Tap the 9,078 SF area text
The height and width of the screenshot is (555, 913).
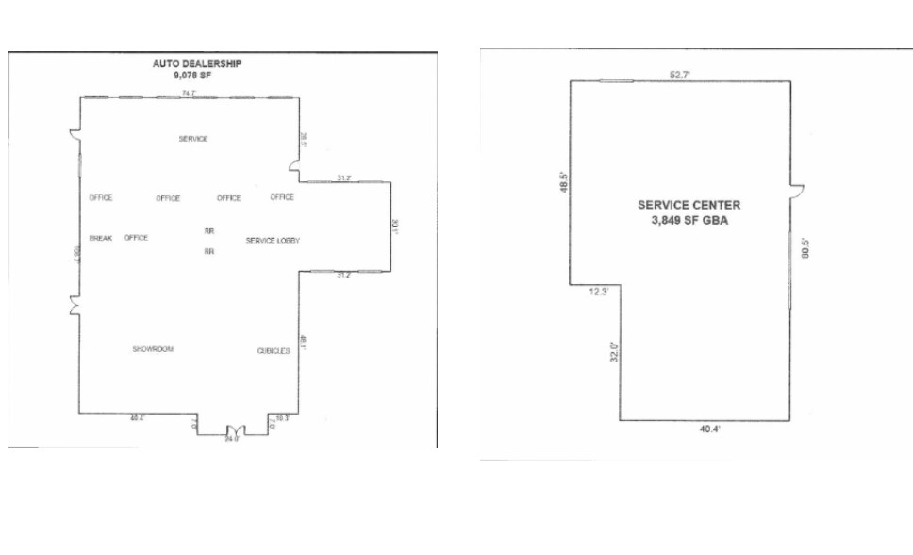pos(194,76)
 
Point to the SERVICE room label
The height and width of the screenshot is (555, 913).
pos(193,139)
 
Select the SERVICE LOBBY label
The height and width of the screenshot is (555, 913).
pos(274,241)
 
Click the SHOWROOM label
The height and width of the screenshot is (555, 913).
pos(153,349)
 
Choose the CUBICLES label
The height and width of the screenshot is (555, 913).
pos(274,351)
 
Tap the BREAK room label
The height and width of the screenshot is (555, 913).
pos(101,238)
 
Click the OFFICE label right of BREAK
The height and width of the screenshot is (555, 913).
pos(137,238)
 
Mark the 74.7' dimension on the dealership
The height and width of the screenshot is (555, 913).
pos(190,92)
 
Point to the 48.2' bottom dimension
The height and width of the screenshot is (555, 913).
pos(138,417)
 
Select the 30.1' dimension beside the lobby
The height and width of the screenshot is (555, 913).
pos(397,227)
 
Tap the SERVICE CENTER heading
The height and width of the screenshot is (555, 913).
pos(689,205)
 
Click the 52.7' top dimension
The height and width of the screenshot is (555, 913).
pos(680,75)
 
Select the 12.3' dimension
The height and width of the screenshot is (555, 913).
pos(598,292)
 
